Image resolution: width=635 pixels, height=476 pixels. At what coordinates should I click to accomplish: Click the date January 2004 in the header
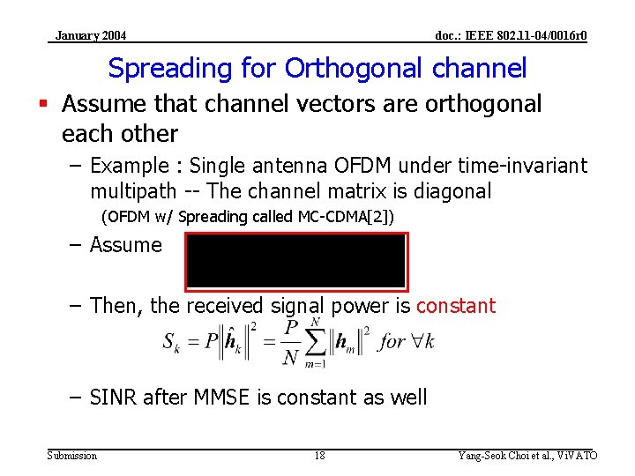pyautogui.click(x=90, y=35)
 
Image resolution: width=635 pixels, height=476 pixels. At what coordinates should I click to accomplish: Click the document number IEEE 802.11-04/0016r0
pyautogui.click(x=511, y=35)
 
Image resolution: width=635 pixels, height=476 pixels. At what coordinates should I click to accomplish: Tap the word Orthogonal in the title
pyautogui.click(x=340, y=69)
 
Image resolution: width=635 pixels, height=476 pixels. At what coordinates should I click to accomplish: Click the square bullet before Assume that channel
pyautogui.click(x=51, y=104)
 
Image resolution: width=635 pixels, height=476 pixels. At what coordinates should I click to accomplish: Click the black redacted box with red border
pyautogui.click(x=295, y=261)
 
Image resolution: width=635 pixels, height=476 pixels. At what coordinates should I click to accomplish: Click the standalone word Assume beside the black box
pyautogui.click(x=126, y=245)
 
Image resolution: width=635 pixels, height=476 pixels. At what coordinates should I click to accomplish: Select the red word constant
pyautogui.click(x=456, y=306)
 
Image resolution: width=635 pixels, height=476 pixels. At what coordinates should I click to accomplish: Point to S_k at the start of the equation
pyautogui.click(x=172, y=342)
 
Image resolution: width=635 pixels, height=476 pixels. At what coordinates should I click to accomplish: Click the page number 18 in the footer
pyautogui.click(x=319, y=455)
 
